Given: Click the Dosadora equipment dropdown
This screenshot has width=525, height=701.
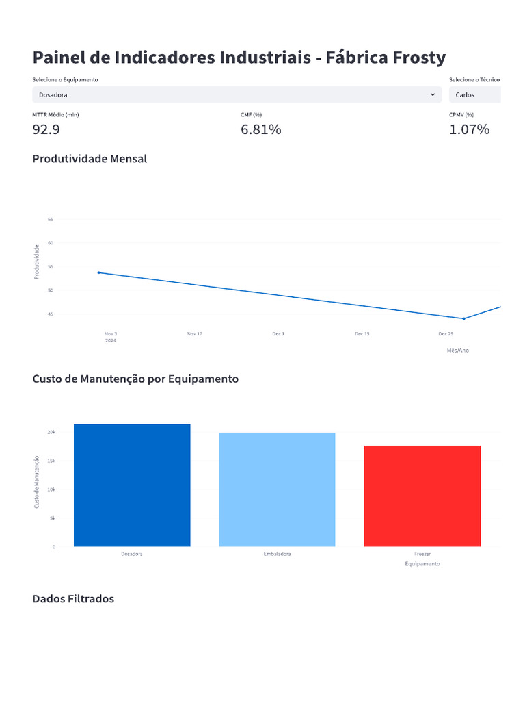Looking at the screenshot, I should click(236, 94).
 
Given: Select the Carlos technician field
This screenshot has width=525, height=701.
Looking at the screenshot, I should click(474, 94).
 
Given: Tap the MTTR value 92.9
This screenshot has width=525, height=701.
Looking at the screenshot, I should click(46, 129).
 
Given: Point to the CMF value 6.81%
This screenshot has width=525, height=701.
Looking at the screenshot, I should click(260, 129).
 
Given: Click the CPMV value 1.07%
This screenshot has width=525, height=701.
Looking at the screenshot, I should click(469, 129).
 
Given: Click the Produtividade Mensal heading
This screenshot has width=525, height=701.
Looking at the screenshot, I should click(90, 159).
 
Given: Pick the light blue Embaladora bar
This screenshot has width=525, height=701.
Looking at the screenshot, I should click(277, 489).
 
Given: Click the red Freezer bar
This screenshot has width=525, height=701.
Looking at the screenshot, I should click(422, 496).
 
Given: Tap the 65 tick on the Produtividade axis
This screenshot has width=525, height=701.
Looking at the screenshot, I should click(51, 219).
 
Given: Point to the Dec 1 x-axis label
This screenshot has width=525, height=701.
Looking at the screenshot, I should click(278, 333).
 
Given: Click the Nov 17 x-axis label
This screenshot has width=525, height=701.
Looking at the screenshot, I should click(194, 333).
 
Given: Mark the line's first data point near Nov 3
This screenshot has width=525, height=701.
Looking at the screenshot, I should click(99, 272).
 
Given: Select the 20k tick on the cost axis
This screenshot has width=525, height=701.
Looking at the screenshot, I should click(51, 432).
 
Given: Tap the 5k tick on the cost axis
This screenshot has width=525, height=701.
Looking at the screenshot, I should click(51, 518).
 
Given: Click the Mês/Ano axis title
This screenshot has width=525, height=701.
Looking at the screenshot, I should click(457, 350).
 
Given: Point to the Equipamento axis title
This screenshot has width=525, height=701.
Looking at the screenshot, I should click(422, 564).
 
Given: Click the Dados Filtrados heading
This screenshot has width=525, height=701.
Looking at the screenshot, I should click(73, 599).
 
